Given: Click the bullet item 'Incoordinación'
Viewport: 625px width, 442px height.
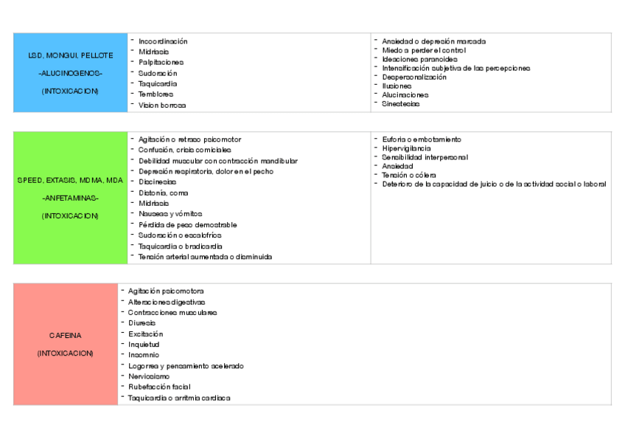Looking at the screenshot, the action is (x=163, y=41).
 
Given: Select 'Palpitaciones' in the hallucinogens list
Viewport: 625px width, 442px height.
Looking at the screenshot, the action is (x=161, y=63).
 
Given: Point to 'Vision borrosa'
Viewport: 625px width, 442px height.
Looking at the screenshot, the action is (x=162, y=105).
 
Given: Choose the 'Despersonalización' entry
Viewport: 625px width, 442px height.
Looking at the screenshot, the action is (x=413, y=77).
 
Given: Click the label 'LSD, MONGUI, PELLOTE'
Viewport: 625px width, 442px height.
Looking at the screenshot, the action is (x=71, y=55).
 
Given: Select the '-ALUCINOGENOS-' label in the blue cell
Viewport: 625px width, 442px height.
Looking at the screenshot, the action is (x=71, y=73).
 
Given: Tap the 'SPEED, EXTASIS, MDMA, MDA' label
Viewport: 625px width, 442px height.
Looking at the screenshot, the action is (x=71, y=180).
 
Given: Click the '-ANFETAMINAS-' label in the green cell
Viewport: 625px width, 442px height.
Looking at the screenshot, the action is (x=71, y=198).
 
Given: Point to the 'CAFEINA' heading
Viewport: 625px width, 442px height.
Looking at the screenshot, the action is (x=66, y=335).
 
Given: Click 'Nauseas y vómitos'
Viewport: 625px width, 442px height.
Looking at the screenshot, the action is (x=170, y=214).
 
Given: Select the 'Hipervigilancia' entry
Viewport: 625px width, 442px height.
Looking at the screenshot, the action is (x=406, y=148).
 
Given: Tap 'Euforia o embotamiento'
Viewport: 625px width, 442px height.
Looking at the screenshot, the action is (x=421, y=139).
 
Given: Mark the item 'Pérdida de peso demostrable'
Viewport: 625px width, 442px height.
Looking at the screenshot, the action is (x=187, y=224).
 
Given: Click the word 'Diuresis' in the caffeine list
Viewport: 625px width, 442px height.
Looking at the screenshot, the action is (x=142, y=323).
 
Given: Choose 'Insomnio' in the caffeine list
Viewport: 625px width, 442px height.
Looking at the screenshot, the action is (x=143, y=355).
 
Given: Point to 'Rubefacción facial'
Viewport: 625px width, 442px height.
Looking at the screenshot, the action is (x=159, y=387).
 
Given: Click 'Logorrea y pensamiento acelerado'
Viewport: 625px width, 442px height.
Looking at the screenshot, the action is (x=186, y=366).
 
